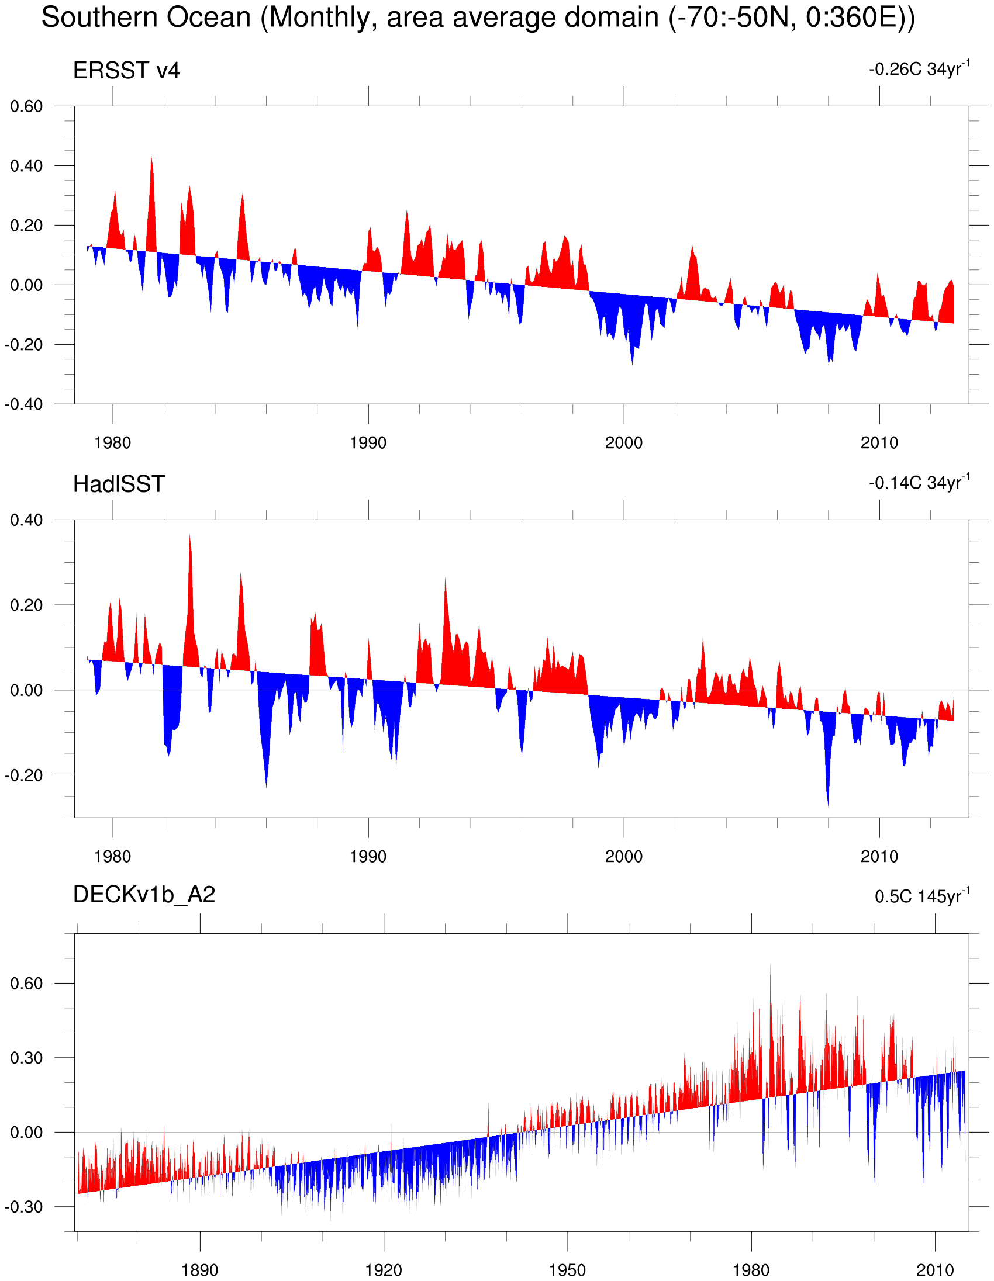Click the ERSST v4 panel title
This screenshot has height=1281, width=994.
tap(126, 71)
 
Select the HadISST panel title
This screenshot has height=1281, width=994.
tap(119, 484)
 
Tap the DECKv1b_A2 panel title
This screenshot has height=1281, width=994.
tap(144, 895)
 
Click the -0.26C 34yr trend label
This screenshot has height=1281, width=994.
tap(919, 69)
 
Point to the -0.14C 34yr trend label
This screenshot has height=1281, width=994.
tap(919, 483)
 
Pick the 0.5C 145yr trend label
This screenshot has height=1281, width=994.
tap(922, 896)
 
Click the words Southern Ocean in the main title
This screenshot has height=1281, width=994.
tap(146, 18)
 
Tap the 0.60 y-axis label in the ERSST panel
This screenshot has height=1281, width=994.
tap(26, 107)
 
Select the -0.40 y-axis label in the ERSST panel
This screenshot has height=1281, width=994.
tap(24, 405)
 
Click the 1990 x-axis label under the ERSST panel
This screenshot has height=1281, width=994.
tap(368, 443)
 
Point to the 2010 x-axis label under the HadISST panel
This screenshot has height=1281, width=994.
tap(879, 857)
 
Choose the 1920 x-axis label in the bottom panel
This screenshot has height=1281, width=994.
tap(384, 1270)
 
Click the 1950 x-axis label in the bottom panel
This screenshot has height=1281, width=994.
tap(567, 1270)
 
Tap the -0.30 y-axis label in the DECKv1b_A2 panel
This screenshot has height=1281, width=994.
tap(24, 1207)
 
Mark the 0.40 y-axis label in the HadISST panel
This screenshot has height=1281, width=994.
tap(26, 520)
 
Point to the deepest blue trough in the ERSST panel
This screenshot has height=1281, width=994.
tap(632, 362)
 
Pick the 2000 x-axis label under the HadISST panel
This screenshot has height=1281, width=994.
tap(624, 857)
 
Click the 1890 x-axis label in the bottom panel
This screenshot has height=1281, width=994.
tap(200, 1270)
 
